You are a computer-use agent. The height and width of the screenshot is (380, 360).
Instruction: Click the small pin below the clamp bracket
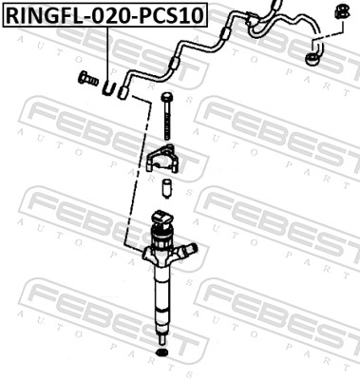coord(165,186)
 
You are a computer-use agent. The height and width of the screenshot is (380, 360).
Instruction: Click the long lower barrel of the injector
coord(161,294)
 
